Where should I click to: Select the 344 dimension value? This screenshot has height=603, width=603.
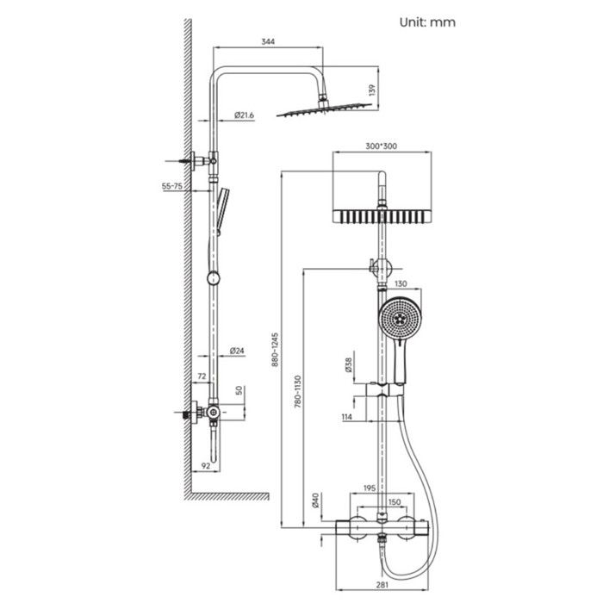(270, 42)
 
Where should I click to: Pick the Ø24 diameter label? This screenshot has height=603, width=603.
(239, 351)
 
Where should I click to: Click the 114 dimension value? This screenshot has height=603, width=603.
(347, 418)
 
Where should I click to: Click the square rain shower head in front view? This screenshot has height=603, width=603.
(379, 216)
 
